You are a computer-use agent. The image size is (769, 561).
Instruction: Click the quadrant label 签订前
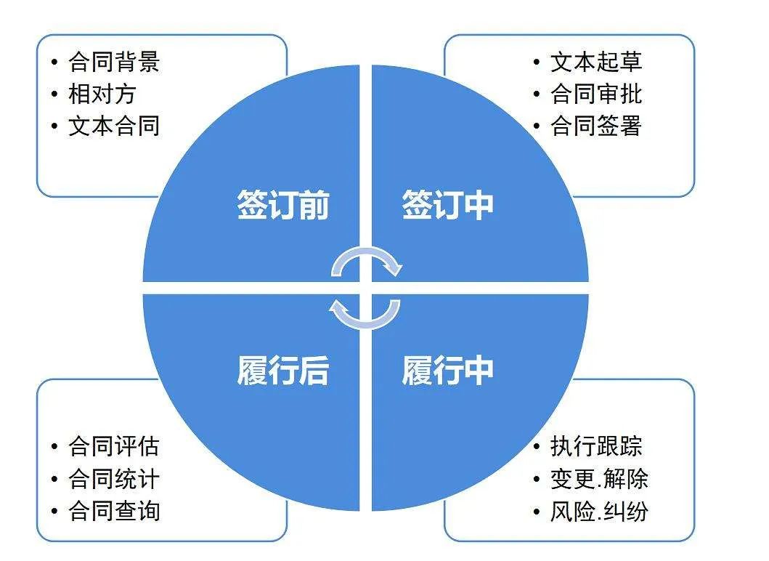283,205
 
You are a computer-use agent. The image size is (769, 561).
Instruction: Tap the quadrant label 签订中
448,205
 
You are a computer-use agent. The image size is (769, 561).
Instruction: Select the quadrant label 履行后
283,370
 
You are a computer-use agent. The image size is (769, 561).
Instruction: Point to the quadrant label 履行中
448,370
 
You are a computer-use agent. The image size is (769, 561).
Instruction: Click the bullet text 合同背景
114,62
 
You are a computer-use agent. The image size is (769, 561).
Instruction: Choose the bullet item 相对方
102,94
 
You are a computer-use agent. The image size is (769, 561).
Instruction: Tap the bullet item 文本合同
114,126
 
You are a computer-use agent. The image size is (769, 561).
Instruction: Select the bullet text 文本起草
596,62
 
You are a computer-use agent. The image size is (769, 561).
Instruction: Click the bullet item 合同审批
596,94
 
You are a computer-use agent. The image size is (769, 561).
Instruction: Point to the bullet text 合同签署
596,126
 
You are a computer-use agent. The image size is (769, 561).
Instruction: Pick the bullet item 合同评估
114,446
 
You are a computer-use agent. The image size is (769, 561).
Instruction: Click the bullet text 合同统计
114,479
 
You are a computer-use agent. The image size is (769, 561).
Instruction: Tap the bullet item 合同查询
114,510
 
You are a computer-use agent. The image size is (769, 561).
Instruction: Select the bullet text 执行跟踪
596,446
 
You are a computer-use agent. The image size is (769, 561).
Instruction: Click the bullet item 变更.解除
599,479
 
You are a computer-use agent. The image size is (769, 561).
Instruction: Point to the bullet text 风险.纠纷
599,510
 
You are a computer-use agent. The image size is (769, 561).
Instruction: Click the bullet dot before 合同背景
54,62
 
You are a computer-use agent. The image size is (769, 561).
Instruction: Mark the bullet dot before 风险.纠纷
537,512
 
